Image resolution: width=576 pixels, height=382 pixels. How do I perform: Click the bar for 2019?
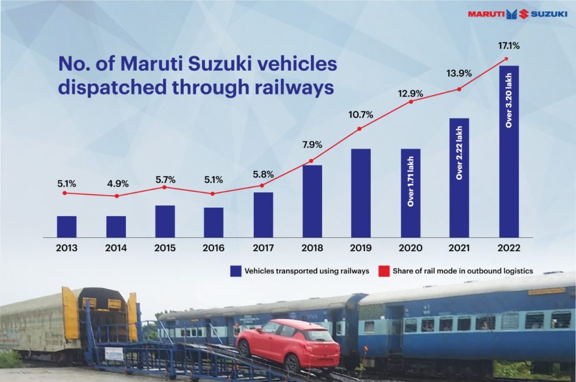(x=361, y=193)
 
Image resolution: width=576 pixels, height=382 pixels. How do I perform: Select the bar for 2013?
(x=67, y=226)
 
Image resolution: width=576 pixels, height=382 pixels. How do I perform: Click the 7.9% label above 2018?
(x=311, y=145)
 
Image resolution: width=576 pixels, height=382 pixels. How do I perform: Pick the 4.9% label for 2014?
(x=118, y=183)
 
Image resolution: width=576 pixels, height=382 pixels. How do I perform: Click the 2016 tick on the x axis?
(x=214, y=248)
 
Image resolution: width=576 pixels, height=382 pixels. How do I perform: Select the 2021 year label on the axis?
(x=458, y=248)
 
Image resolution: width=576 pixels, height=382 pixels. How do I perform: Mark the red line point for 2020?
(x=411, y=102)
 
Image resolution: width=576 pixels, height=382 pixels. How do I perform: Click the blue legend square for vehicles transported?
(x=235, y=271)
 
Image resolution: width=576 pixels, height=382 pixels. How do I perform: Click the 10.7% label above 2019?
(x=361, y=115)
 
